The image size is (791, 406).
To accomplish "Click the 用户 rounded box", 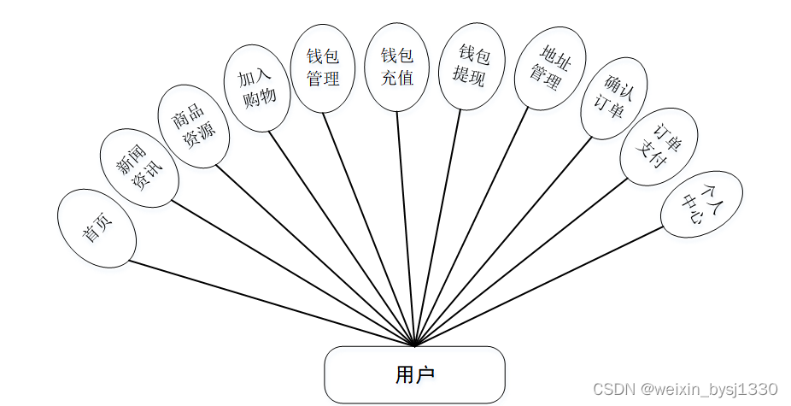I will pos(415,374).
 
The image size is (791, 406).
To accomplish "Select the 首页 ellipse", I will pos(97,228).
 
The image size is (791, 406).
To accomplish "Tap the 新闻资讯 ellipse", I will pos(139,168).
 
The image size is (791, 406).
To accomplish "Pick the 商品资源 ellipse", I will pos(194,126).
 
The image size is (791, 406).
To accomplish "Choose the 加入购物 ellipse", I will pos(257,88).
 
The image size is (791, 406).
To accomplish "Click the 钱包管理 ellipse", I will pos(323,68).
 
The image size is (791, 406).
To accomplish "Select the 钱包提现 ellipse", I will pos(469,67).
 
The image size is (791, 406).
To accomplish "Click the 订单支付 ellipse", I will pos(659,146).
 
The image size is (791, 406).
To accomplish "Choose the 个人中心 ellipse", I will pos(702,205).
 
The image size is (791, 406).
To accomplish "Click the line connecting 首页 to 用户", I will pos(273,303).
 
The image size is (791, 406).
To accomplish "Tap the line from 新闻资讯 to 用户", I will pos(290,274).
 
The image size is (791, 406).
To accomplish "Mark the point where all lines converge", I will pos(415,345).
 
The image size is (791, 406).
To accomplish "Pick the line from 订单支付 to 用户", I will pos(521,262).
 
